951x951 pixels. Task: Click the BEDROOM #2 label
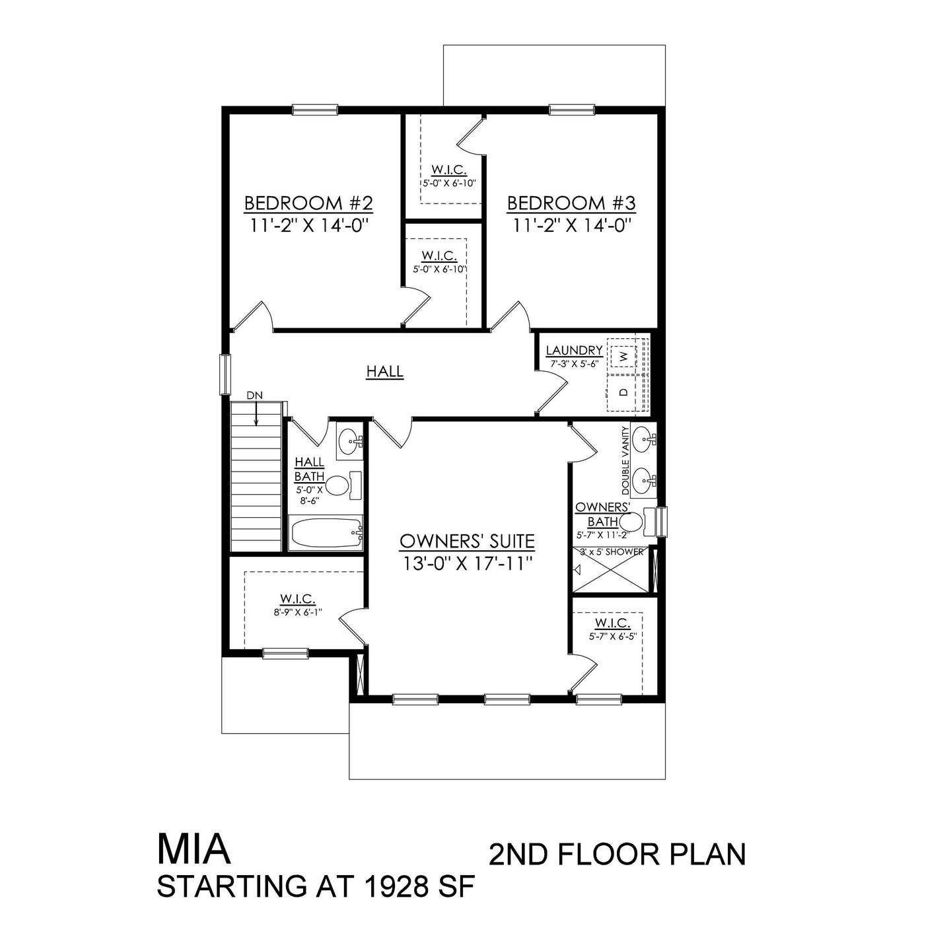click(308, 202)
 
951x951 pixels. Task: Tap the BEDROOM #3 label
click(571, 202)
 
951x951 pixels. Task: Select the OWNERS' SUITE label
click(467, 542)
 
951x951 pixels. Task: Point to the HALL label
click(385, 372)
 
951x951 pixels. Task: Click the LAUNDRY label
click(573, 351)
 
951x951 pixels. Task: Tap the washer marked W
click(622, 356)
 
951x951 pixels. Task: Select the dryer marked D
click(622, 392)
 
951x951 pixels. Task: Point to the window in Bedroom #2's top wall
click(315, 110)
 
